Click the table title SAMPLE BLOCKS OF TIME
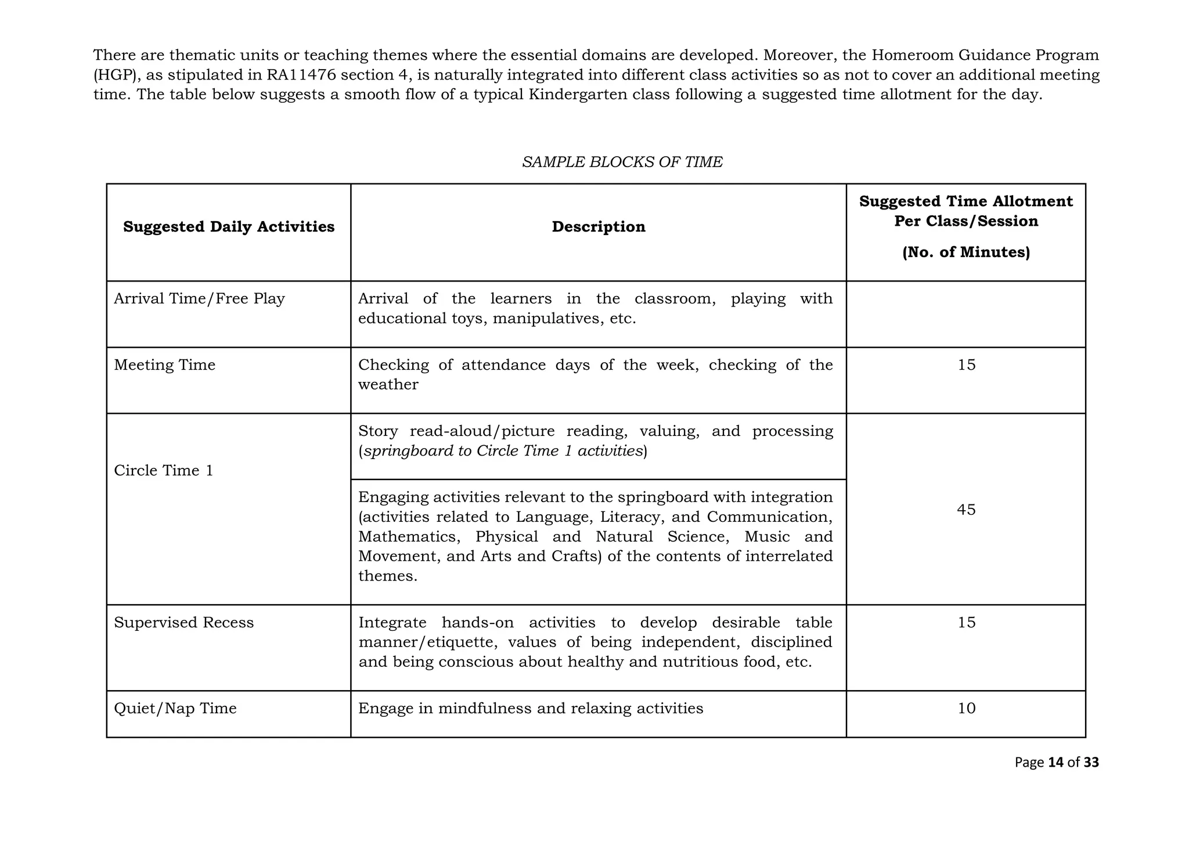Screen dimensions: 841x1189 (x=622, y=162)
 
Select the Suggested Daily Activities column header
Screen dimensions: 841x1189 (x=229, y=226)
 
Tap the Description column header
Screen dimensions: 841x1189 (x=598, y=226)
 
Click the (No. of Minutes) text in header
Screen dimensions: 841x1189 (x=965, y=252)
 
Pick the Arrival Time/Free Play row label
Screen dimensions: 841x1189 (x=199, y=299)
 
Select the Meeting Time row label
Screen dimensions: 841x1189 (x=164, y=365)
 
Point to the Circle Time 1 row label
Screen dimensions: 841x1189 (x=164, y=471)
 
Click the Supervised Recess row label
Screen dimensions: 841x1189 (x=183, y=623)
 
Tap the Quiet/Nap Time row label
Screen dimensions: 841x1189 (x=175, y=709)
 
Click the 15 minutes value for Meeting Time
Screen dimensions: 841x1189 (x=966, y=365)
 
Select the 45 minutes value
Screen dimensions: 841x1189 (x=966, y=510)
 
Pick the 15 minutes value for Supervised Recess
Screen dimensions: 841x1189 (x=966, y=623)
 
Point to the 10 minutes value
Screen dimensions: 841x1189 (x=966, y=709)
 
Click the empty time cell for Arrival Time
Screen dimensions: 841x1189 (x=966, y=314)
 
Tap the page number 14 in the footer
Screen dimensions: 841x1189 (x=1056, y=763)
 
